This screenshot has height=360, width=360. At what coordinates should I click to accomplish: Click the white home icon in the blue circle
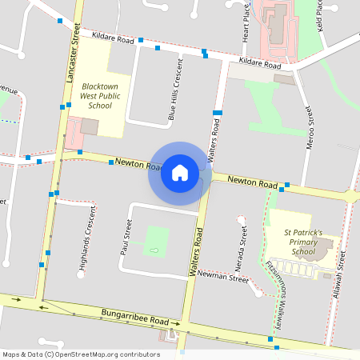coord(179,173)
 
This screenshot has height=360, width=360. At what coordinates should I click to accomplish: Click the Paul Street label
coord(126,237)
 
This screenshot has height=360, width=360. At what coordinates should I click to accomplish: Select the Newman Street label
coord(223,277)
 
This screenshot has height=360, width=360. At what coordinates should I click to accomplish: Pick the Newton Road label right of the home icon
coord(253,182)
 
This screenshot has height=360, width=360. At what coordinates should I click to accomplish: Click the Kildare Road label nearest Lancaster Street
coord(113,38)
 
